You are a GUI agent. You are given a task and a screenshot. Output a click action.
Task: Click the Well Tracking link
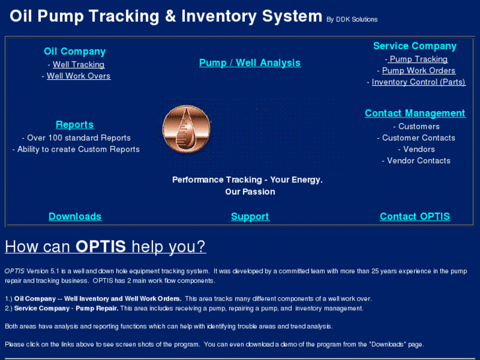(79, 65)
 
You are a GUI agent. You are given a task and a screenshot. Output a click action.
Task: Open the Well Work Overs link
(79, 76)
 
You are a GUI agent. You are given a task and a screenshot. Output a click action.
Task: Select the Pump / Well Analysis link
(250, 63)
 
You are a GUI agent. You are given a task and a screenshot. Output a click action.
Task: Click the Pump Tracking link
(418, 59)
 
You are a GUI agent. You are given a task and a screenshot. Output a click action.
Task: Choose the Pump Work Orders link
(419, 71)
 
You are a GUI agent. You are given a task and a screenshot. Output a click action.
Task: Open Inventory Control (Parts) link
(419, 82)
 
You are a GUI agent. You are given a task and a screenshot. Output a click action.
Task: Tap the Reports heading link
(75, 124)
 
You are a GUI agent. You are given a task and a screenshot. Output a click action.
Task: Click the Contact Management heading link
(415, 113)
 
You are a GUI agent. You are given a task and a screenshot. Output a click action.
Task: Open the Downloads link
(75, 217)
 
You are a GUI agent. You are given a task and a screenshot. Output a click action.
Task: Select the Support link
(250, 217)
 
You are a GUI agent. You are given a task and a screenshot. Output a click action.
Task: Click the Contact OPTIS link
(415, 217)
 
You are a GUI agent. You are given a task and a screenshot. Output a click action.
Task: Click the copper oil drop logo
(186, 128)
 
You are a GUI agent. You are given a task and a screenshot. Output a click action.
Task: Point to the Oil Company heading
(75, 52)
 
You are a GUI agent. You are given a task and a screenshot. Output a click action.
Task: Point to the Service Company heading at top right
(415, 46)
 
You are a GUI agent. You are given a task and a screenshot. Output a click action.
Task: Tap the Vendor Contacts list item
(419, 161)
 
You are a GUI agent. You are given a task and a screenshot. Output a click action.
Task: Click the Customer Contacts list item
(419, 138)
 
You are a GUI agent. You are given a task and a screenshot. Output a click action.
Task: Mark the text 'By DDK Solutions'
(352, 20)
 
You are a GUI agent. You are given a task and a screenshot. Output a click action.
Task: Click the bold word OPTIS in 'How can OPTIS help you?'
(100, 247)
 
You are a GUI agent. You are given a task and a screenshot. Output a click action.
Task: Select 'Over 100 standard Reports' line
(79, 138)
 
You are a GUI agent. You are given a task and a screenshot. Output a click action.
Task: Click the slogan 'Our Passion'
(250, 192)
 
